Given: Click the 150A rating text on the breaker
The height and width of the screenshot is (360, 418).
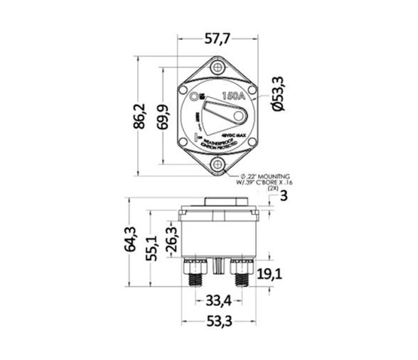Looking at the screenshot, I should click(235, 96).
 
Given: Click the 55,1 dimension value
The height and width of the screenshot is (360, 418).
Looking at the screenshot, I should click(151, 246).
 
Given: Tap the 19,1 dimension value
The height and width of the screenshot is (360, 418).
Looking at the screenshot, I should click(269, 275).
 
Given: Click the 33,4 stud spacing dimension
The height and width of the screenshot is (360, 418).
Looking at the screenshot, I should click(217, 299).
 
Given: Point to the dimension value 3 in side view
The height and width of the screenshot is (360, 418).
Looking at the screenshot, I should click(282, 196).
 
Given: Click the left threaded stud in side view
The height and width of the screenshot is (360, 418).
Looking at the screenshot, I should click(193, 276).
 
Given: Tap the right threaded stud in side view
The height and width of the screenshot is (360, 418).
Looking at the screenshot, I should click(240, 276).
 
